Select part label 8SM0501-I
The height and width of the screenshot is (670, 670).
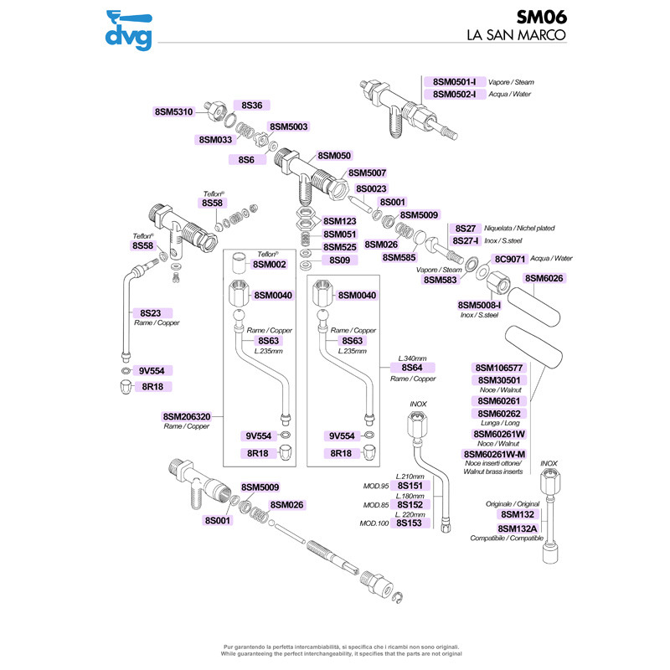click(455, 82)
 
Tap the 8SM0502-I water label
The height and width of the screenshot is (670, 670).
click(455, 94)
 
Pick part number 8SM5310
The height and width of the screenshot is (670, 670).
click(174, 111)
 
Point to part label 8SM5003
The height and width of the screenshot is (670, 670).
click(289, 126)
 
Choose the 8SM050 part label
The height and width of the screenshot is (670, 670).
click(334, 156)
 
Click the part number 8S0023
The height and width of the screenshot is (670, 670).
click(371, 189)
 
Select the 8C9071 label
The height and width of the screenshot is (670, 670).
click(509, 259)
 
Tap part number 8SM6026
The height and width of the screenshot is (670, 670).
click(545, 278)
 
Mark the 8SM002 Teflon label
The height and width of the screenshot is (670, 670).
click(271, 265)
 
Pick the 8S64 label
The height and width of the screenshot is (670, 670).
click(412, 368)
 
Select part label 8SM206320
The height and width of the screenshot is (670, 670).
click(187, 415)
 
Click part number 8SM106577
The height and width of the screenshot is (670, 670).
click(499, 368)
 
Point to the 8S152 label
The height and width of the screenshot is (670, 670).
click(409, 504)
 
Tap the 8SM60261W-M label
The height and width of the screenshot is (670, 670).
click(494, 454)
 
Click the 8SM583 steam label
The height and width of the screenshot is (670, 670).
click(440, 280)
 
